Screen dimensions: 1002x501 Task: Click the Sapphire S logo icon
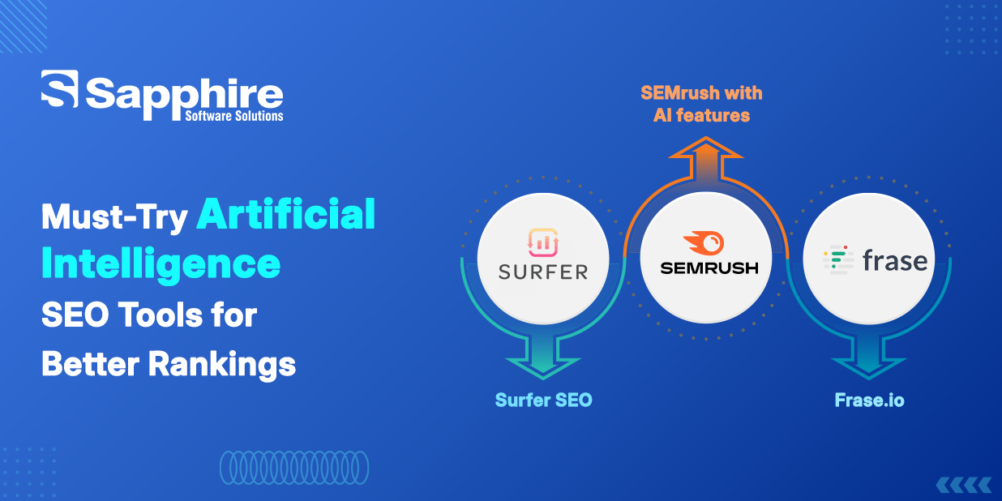pyautogui.click(x=59, y=88)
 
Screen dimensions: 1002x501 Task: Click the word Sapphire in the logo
pyautogui.click(x=184, y=97)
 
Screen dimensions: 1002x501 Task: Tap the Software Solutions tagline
pyautogui.click(x=234, y=116)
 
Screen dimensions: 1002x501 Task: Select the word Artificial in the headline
pyautogui.click(x=286, y=214)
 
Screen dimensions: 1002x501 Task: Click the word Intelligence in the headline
pyautogui.click(x=161, y=265)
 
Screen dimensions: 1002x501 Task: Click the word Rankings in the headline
pyautogui.click(x=222, y=365)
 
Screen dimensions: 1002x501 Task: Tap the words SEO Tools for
pyautogui.click(x=149, y=315)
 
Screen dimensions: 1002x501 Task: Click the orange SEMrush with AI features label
pyautogui.click(x=701, y=105)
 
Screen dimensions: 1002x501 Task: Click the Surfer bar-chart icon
pyautogui.click(x=543, y=243)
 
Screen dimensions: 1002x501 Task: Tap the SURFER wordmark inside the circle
pyautogui.click(x=543, y=272)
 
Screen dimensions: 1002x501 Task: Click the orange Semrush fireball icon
pyautogui.click(x=704, y=243)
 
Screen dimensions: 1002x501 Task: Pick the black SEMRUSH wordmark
pyautogui.click(x=709, y=268)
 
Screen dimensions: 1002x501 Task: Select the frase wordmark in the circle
pyautogui.click(x=895, y=260)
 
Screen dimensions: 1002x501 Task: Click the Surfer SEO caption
pyautogui.click(x=543, y=400)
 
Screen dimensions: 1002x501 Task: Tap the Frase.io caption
pyautogui.click(x=869, y=400)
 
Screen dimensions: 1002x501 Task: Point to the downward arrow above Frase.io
pyautogui.click(x=869, y=358)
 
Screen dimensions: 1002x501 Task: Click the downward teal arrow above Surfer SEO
pyautogui.click(x=543, y=358)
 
